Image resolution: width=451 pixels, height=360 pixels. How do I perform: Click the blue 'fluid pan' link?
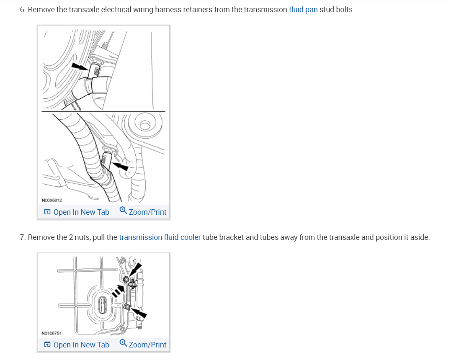coord(303,10)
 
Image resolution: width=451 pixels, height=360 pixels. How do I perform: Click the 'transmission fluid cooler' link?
coord(160,237)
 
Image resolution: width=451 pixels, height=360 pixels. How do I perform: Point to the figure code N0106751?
coord(52,333)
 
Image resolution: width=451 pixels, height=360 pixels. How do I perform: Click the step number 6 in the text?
coord(22,10)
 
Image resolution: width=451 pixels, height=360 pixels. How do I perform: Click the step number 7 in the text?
coord(22,237)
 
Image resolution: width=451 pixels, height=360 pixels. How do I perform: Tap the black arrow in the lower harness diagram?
coord(121,166)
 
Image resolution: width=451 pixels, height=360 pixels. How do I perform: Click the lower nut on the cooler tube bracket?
coord(127,307)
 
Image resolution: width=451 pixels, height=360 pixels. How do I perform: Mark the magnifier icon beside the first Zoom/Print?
coord(123,211)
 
